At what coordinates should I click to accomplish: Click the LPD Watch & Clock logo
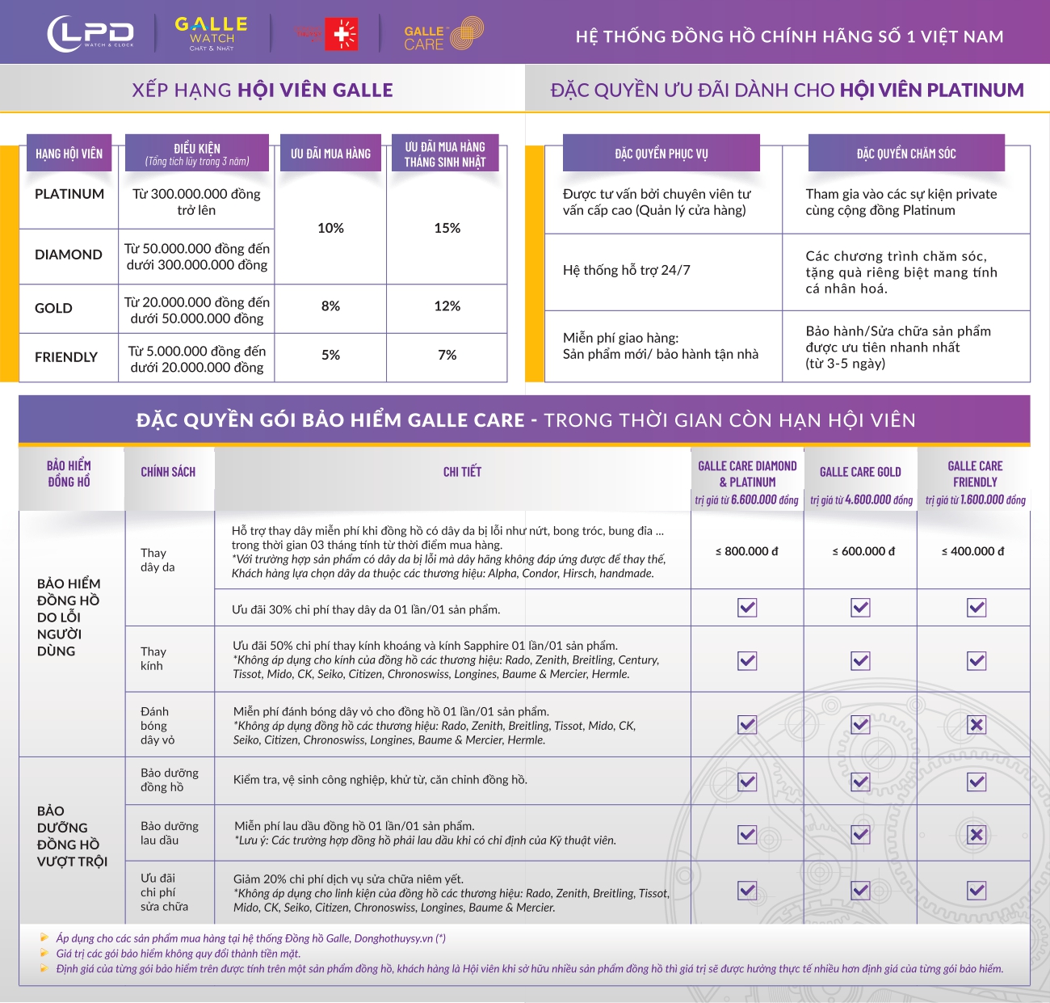coord(90,34)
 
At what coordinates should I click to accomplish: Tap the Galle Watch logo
coord(212,33)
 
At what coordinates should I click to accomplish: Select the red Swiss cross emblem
coord(342,34)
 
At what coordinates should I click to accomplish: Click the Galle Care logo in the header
coord(443,34)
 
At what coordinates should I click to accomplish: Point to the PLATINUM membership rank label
coord(69,194)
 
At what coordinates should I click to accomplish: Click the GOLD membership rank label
coord(53,309)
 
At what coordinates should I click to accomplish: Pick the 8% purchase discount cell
coord(330,306)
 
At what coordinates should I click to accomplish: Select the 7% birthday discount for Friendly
coord(447,355)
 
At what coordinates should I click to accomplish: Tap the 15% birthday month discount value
coord(447,228)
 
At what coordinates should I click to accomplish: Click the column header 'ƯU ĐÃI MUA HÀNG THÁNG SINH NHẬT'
coord(445,154)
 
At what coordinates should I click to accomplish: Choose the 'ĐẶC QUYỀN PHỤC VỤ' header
coord(661,154)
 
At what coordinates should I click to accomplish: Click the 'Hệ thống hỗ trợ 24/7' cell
coord(627,270)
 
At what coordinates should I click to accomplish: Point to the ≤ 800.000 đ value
coord(746,551)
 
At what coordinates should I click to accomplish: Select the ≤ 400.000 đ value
coord(972,551)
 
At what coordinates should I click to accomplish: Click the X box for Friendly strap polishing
coord(976,725)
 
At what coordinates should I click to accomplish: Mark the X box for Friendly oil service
coord(976,835)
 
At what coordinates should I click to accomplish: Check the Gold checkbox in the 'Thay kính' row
coord(860,661)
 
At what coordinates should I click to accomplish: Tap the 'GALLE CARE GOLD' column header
coord(860,472)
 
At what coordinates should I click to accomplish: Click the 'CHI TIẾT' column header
coord(463,471)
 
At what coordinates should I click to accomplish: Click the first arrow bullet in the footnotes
coord(44,937)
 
